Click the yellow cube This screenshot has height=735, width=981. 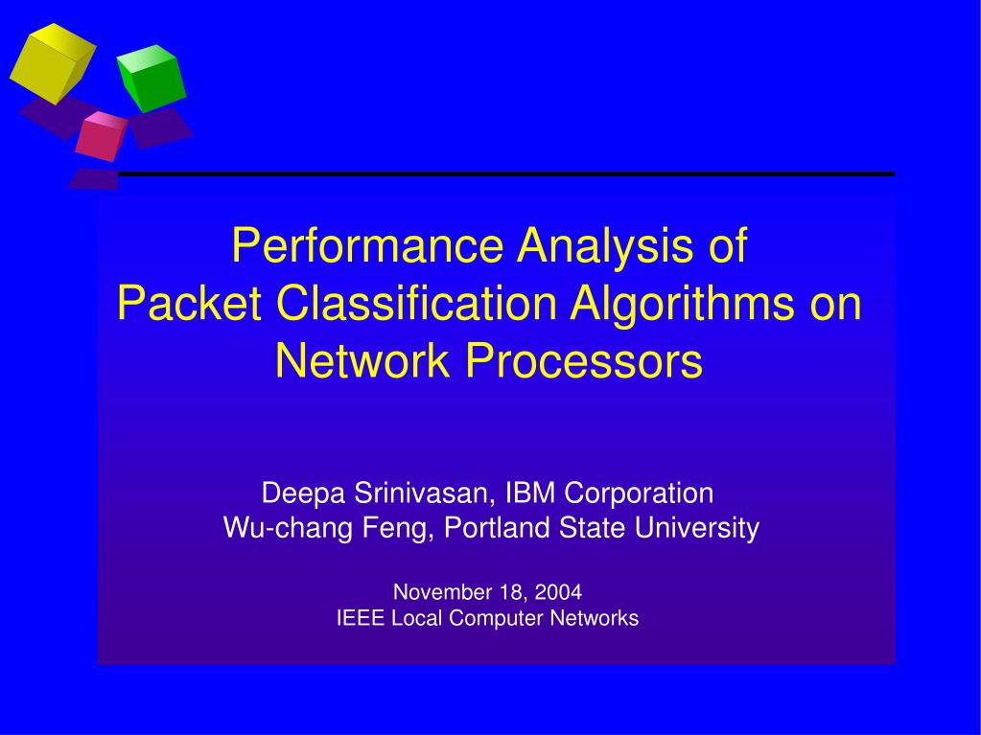pyautogui.click(x=53, y=63)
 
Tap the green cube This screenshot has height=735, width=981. pyautogui.click(x=152, y=79)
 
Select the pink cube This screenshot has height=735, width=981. pyautogui.click(x=102, y=136)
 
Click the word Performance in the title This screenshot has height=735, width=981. pyautogui.click(x=367, y=245)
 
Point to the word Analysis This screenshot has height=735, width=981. pyautogui.click(x=606, y=245)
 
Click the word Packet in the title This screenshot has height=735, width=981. pyautogui.click(x=189, y=303)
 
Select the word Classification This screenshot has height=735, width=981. pyautogui.click(x=416, y=303)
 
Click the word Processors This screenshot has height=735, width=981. pyautogui.click(x=584, y=360)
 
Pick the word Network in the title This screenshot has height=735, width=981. pyautogui.click(x=362, y=360)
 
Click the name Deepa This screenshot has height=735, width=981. pyautogui.click(x=303, y=494)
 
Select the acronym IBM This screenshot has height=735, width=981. pyautogui.click(x=530, y=493)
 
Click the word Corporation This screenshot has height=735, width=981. pyautogui.click(x=639, y=494)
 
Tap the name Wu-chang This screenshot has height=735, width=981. pyautogui.click(x=289, y=528)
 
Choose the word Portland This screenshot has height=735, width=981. pyautogui.click(x=497, y=527)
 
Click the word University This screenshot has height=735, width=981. pyautogui.click(x=697, y=528)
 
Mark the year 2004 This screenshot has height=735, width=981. pyautogui.click(x=558, y=592)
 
